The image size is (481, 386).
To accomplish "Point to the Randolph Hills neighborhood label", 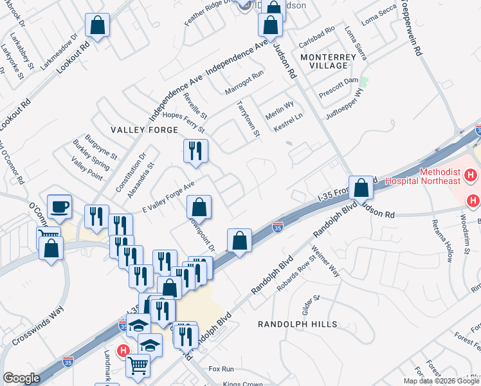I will [289, 325].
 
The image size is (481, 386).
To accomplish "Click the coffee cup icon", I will [60, 207].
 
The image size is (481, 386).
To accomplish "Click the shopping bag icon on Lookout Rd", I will [98, 26].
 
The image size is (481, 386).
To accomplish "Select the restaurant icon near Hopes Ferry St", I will [195, 151].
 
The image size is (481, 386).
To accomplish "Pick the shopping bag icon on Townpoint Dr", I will [199, 207].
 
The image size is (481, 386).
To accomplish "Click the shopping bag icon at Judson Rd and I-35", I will [361, 188].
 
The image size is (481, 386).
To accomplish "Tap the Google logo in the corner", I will [21, 378].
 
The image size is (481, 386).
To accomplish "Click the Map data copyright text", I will [442, 381].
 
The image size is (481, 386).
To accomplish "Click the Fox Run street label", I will [221, 369].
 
